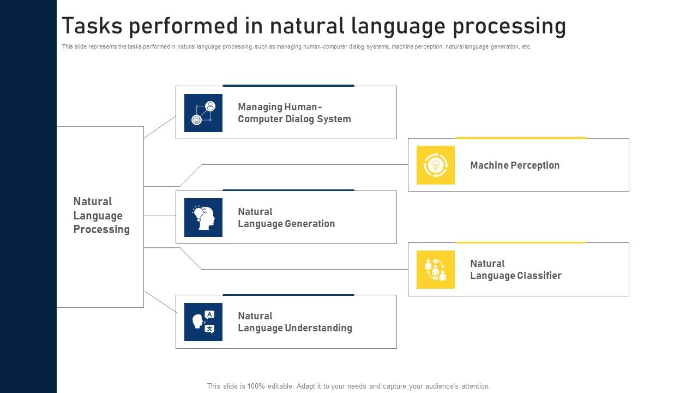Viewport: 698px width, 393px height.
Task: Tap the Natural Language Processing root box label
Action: point(101,216)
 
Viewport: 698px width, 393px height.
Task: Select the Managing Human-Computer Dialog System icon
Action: point(203,113)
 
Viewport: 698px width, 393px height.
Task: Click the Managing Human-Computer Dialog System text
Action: point(294,113)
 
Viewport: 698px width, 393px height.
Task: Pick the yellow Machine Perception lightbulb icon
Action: point(436,165)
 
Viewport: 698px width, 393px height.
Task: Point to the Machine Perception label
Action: point(515,165)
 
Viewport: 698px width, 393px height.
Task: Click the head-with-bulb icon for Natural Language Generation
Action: point(203,217)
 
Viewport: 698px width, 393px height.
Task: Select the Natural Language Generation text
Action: point(286,218)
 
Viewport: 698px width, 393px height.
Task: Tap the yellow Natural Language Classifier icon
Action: point(436,270)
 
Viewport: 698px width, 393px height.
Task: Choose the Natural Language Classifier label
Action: point(516,270)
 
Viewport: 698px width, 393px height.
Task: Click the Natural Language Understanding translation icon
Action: point(203,322)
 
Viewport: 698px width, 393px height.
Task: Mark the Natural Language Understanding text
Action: point(295,322)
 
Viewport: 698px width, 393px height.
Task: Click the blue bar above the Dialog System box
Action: point(288,86)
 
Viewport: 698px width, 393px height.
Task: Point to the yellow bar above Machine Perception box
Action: point(520,138)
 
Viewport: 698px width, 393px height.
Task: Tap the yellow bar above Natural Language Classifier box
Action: point(520,242)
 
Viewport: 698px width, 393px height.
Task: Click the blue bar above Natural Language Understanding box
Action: point(288,295)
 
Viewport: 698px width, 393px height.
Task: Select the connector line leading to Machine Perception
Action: point(305,164)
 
